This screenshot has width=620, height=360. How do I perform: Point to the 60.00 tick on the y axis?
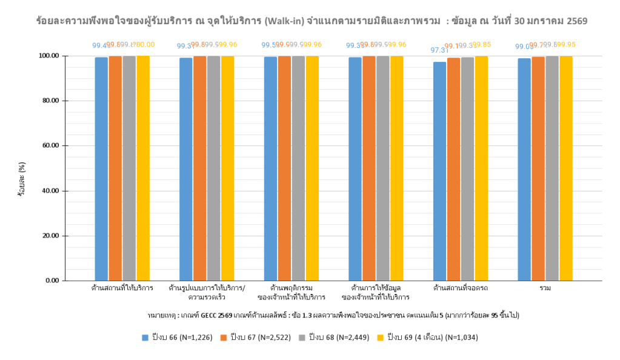(47, 145)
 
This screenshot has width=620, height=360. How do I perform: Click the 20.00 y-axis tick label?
(47, 236)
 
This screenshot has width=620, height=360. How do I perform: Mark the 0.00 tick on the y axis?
(49, 281)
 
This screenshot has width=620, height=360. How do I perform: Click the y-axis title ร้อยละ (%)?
(21, 179)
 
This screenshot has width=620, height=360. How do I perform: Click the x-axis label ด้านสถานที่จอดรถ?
(461, 287)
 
